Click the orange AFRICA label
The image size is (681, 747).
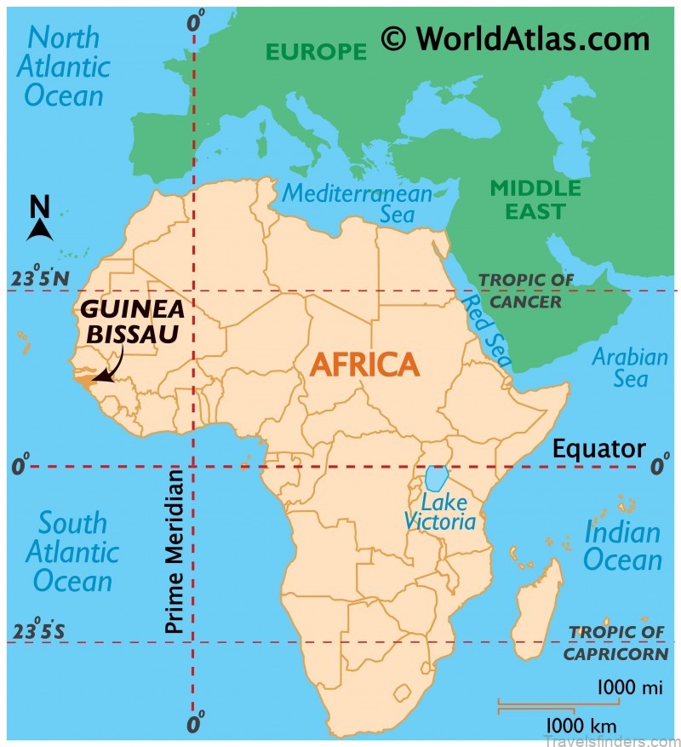(364, 365)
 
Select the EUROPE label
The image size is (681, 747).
(316, 52)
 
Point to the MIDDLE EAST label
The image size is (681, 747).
(535, 198)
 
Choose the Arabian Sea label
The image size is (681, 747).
(630, 367)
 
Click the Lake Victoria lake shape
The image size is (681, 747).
(437, 479)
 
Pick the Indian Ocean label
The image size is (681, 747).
(622, 546)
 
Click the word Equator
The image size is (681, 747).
(598, 449)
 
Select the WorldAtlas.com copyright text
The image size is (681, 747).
(515, 38)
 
